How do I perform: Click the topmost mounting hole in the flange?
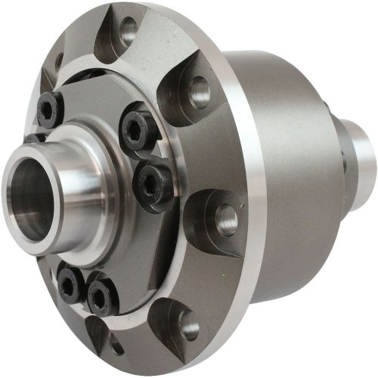point(129,31)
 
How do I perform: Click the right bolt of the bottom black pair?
point(101,296)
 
